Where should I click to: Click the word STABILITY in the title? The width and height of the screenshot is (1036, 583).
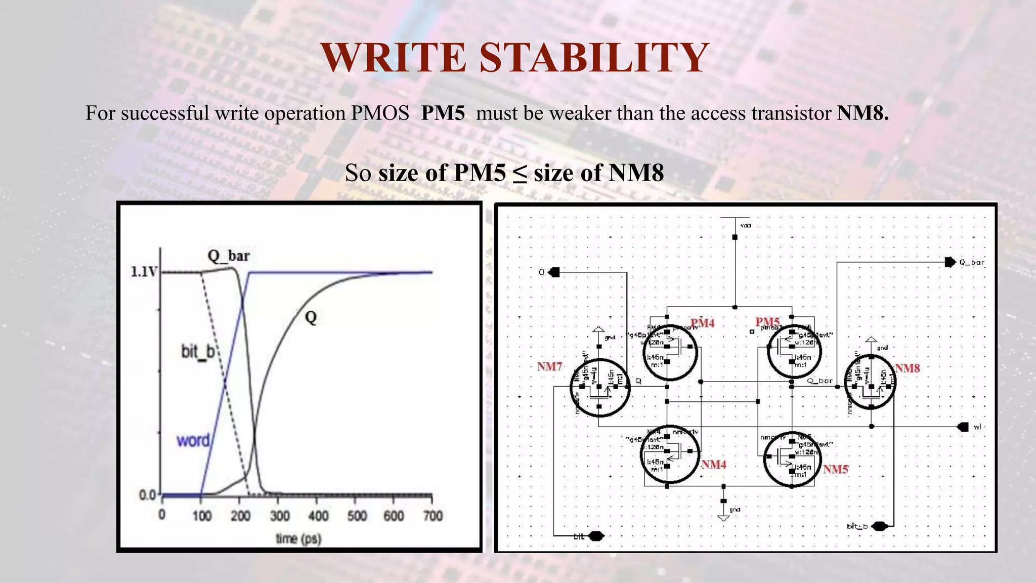tap(594, 58)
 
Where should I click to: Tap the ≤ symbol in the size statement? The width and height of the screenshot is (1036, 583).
tap(520, 174)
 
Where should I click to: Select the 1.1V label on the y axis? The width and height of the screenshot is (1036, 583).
tap(144, 272)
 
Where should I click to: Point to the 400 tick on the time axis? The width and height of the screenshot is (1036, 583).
tap(318, 516)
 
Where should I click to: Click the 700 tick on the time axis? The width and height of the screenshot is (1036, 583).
tap(433, 516)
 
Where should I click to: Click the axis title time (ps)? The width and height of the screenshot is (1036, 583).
tap(298, 538)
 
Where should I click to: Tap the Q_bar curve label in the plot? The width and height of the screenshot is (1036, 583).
tap(228, 256)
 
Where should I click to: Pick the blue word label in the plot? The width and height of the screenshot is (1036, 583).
tap(193, 441)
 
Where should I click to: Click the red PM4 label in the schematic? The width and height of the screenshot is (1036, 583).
tap(702, 323)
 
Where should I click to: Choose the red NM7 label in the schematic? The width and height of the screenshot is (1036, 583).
tap(549, 366)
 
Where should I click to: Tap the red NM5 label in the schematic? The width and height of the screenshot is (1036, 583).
tap(835, 470)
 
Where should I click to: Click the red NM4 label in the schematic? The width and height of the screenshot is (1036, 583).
tap(713, 465)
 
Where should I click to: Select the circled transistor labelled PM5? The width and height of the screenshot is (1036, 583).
tap(794, 351)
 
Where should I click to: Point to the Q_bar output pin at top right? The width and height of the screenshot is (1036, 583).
tap(950, 262)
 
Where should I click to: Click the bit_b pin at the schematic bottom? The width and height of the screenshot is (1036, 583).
tap(880, 526)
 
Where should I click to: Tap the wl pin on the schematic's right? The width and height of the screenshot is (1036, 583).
tap(963, 427)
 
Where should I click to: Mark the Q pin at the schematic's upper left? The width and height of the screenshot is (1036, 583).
tap(554, 272)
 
